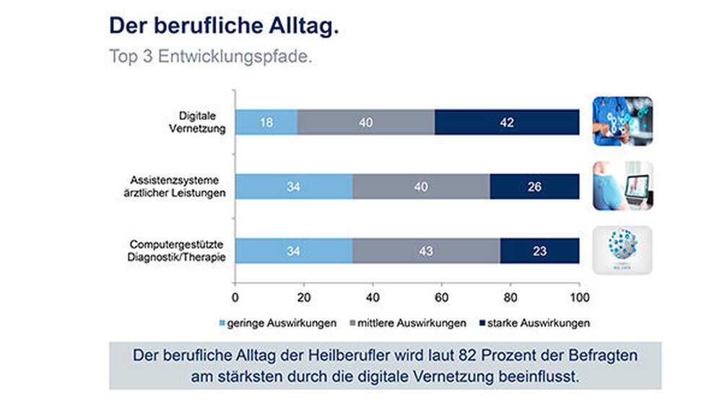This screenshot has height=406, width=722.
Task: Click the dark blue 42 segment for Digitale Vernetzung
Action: (507, 123)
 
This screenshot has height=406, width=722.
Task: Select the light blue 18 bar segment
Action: (266, 123)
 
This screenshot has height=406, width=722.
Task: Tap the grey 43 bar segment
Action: (426, 251)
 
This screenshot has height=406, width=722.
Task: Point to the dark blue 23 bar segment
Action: (539, 251)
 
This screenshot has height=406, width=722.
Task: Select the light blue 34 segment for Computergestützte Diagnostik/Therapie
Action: (293, 251)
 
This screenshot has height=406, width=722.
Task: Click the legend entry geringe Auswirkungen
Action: (277, 323)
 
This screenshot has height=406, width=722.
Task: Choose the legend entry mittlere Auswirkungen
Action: (407, 323)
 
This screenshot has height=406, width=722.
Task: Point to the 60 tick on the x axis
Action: (442, 297)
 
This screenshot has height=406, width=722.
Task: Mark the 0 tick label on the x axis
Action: (235, 297)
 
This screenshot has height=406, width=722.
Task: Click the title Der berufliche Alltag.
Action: (224, 26)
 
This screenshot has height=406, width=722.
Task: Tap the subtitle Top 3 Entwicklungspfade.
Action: (211, 56)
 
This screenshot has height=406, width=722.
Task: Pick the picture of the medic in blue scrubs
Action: (622, 121)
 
